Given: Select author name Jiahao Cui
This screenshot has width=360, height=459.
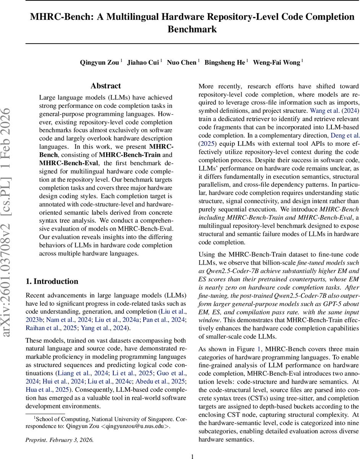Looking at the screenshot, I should point(143,62).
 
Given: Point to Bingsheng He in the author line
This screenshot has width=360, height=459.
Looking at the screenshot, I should point(225,62).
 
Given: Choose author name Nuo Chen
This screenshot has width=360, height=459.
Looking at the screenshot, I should point(182,62).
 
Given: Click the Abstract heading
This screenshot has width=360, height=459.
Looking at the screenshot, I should point(106,86).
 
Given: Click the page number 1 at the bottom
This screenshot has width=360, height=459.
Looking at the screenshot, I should point(193,456).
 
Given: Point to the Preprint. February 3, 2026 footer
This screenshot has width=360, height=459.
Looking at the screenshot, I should point(60,439).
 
